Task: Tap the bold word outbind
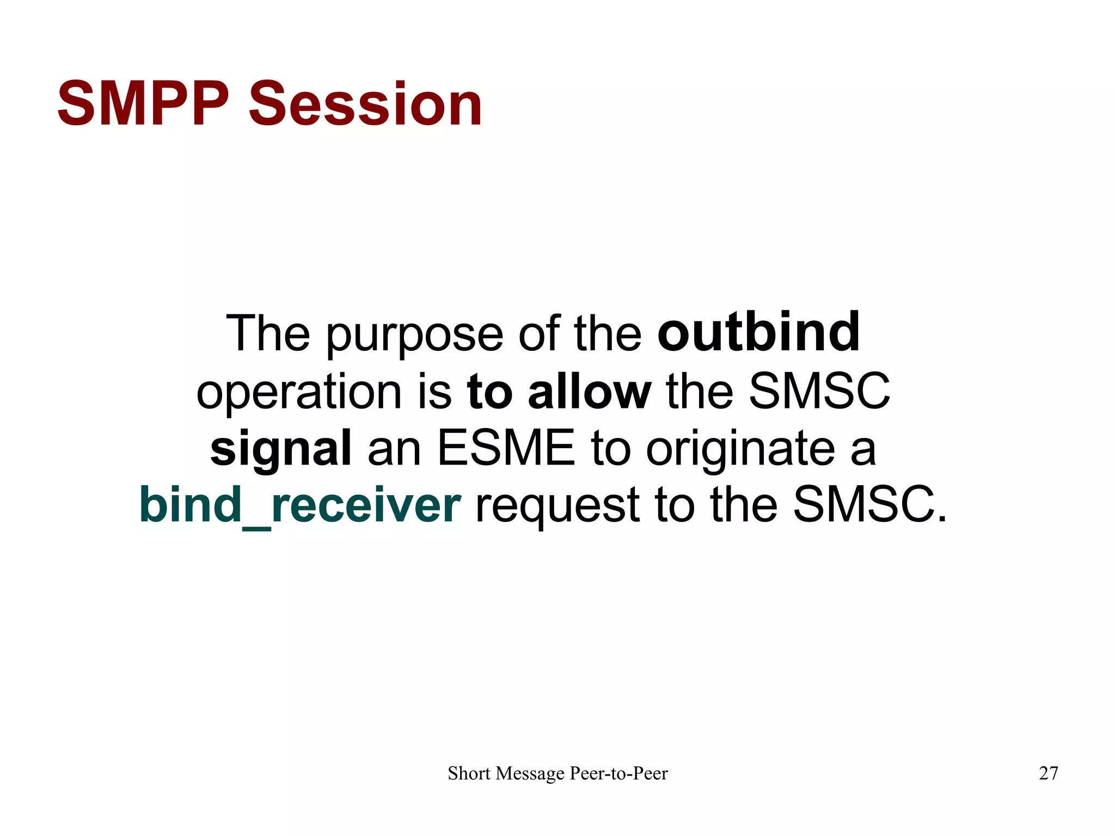click(758, 332)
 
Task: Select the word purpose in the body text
click(414, 336)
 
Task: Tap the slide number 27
click(1048, 773)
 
